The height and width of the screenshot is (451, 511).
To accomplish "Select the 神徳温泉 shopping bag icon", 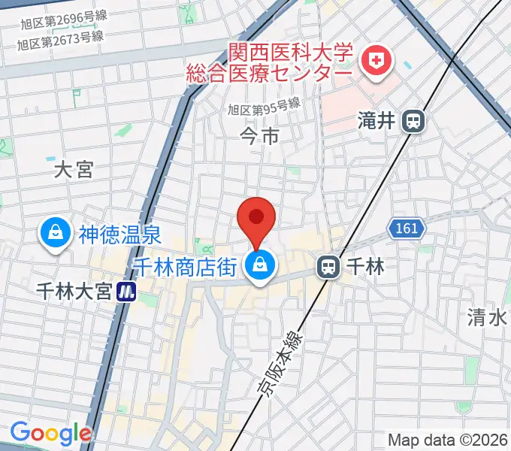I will tap(56, 234).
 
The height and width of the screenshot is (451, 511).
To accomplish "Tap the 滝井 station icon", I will tap(413, 120).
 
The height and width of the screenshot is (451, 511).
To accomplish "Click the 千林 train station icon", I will tap(327, 266).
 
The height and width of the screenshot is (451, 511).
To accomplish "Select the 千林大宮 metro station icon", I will tap(128, 290).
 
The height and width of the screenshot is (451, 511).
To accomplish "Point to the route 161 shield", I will tap(407, 226).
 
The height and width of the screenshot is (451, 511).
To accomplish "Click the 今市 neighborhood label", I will tap(259, 136).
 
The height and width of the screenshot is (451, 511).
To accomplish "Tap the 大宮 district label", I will tap(74, 171).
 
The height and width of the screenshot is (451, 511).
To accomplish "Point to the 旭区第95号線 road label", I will tap(265, 109).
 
